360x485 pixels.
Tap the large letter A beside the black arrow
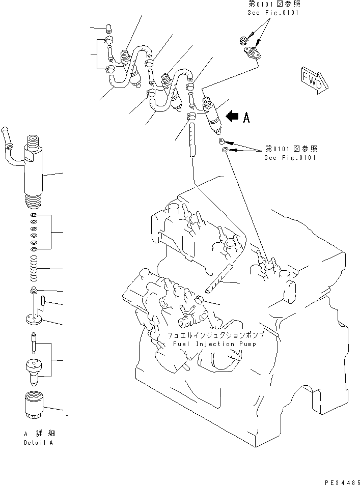[246, 118]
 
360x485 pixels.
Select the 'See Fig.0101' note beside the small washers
[290, 157]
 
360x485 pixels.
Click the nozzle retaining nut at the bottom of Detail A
[35, 406]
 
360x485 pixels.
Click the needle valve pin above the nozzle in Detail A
[33, 342]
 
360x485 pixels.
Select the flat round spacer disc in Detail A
[34, 320]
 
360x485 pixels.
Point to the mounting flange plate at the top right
[251, 52]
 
